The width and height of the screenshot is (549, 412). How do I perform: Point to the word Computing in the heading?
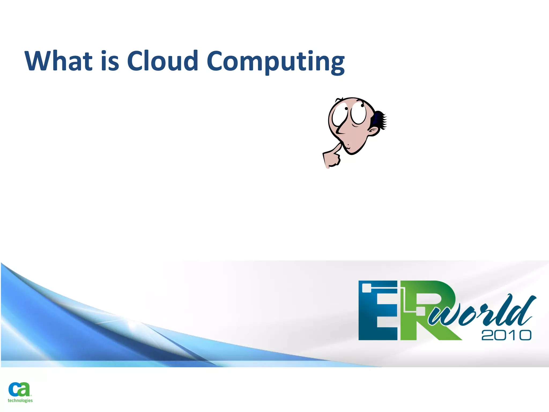(x=276, y=62)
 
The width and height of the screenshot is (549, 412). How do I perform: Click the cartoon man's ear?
(x=373, y=131)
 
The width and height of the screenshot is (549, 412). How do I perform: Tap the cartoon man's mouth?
(x=348, y=146)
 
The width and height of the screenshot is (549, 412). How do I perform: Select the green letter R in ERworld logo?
(x=426, y=311)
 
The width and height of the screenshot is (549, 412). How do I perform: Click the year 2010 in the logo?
(x=506, y=335)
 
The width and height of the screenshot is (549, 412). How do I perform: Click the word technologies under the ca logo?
(x=20, y=400)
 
